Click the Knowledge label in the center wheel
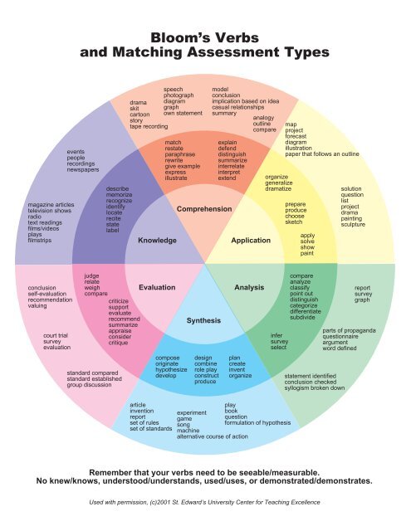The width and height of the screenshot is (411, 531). (158, 241)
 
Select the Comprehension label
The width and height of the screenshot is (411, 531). (203, 210)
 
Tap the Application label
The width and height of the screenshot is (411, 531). (252, 241)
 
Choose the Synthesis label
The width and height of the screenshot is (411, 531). (203, 319)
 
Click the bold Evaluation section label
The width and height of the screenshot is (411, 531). (157, 287)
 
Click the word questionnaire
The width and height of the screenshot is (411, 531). (346, 338)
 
